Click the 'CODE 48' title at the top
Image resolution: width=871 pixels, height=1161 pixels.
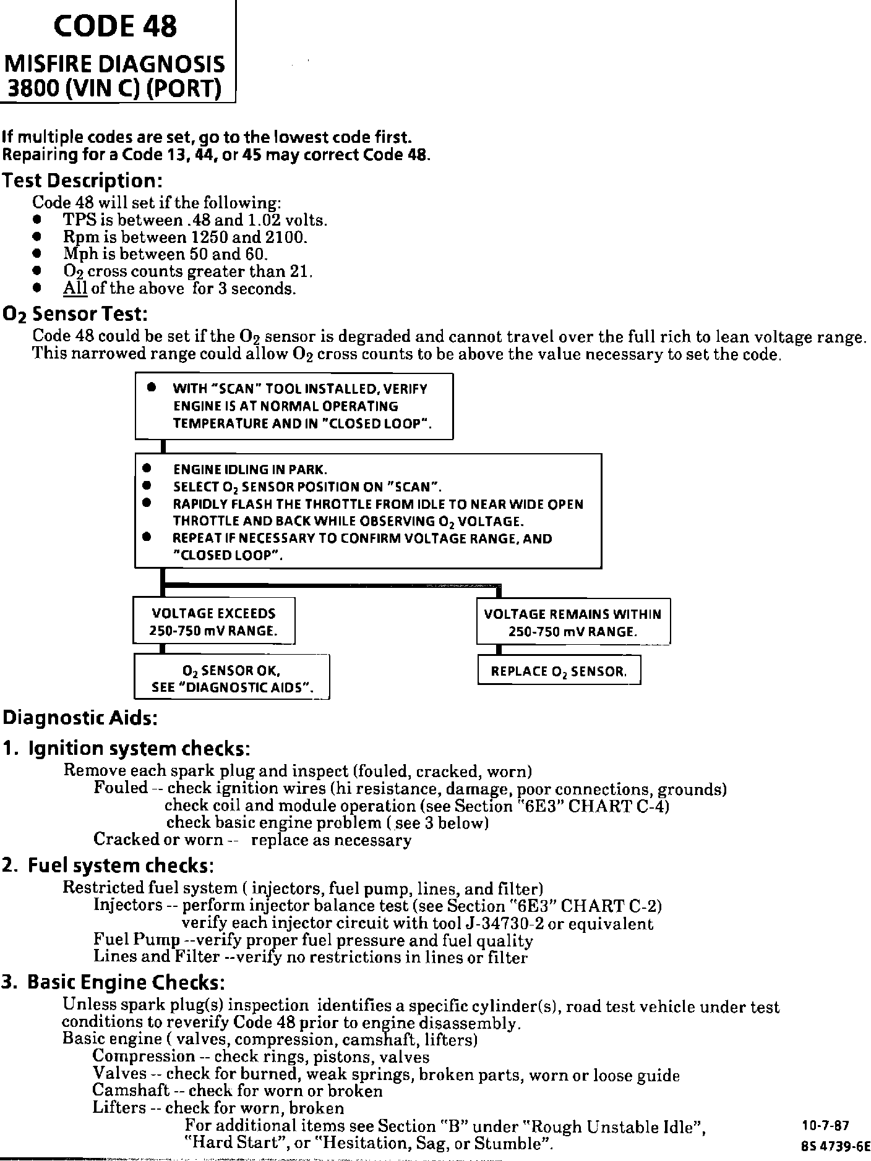115,27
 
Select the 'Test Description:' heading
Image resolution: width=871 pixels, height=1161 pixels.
82,181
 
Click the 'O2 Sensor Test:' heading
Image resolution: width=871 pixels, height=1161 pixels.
75,315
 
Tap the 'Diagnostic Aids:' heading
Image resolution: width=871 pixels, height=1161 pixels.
80,718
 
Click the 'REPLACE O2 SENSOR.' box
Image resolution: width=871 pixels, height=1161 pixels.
559,671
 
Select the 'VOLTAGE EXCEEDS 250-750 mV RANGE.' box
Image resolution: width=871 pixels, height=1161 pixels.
213,622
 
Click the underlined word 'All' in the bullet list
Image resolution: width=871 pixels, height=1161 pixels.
75,289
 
